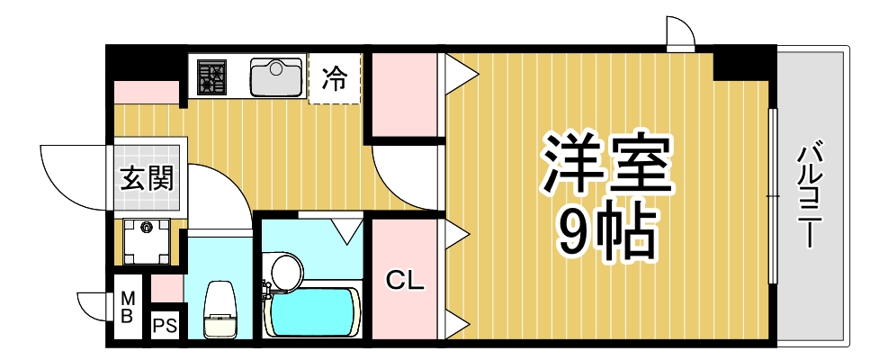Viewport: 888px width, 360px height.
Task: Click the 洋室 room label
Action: tap(606, 165)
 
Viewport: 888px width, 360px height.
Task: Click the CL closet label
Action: tap(404, 280)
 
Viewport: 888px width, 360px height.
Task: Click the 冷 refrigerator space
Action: tap(335, 79)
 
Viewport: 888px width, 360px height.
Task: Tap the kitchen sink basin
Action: tap(276, 76)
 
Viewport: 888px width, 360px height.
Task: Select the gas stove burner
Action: tap(213, 76)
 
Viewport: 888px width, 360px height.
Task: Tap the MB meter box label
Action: tap(128, 306)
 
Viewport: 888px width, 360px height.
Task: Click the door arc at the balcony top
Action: tap(680, 31)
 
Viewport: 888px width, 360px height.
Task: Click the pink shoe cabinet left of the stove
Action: tap(147, 93)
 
